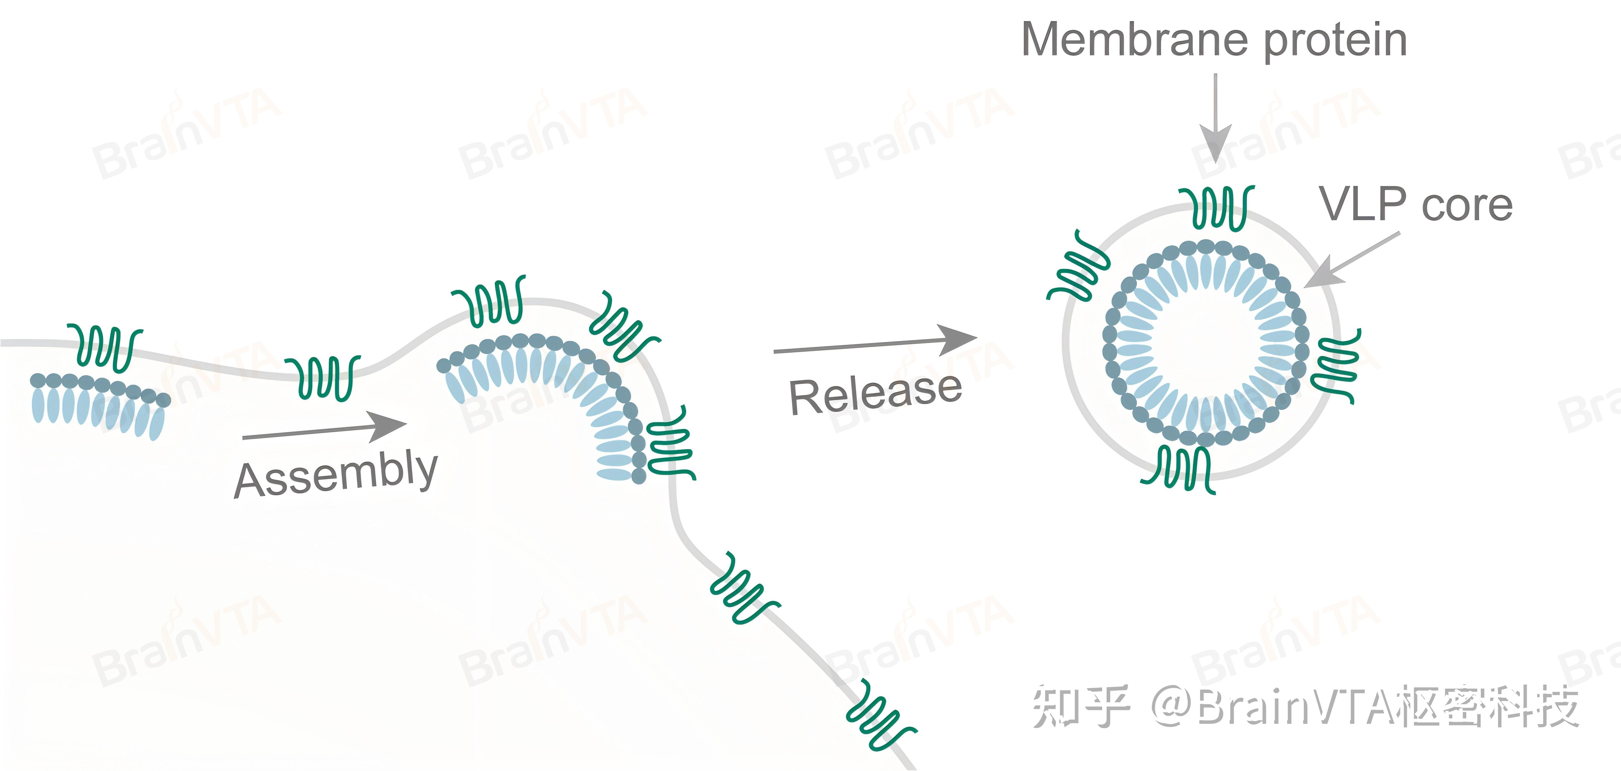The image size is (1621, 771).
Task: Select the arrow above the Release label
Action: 875,343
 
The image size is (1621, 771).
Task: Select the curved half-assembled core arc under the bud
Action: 554,390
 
